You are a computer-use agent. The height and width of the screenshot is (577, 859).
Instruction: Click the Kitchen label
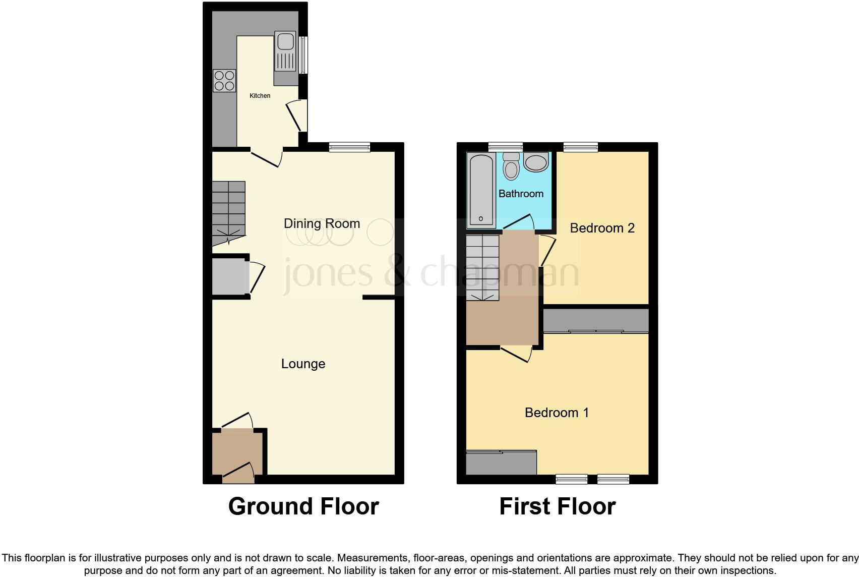pos(260,96)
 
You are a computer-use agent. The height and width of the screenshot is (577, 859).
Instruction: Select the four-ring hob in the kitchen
pos(224,81)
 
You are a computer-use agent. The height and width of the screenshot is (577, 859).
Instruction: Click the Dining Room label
pos(322,223)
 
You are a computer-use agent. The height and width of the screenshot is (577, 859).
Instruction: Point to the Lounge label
pos(303,364)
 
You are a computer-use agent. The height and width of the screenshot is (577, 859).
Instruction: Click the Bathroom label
pos(521,194)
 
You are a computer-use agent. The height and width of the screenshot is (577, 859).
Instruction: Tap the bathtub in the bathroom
pos(481,190)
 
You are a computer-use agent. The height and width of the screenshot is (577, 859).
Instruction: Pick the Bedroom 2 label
pos(602,228)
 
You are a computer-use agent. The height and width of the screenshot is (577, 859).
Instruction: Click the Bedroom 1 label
pos(557,413)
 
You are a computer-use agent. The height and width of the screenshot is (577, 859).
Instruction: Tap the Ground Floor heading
pos(303,506)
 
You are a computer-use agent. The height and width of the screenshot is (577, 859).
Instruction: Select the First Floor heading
pos(557,506)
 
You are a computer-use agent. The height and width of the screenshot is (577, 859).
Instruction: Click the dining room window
pos(349,147)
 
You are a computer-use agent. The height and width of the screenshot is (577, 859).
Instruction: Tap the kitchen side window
pos(303,54)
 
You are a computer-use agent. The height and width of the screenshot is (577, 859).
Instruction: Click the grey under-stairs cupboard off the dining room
pos(228,276)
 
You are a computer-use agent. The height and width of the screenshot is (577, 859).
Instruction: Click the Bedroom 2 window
pos(580,147)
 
